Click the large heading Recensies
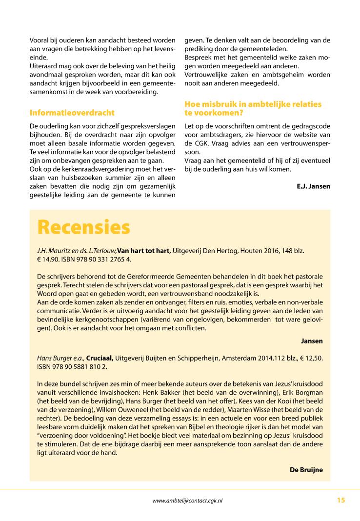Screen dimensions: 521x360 click(x=84, y=227)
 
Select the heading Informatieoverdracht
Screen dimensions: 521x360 click(x=72, y=113)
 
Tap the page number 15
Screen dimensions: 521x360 click(x=340, y=500)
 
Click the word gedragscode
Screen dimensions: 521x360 click(x=311, y=126)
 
